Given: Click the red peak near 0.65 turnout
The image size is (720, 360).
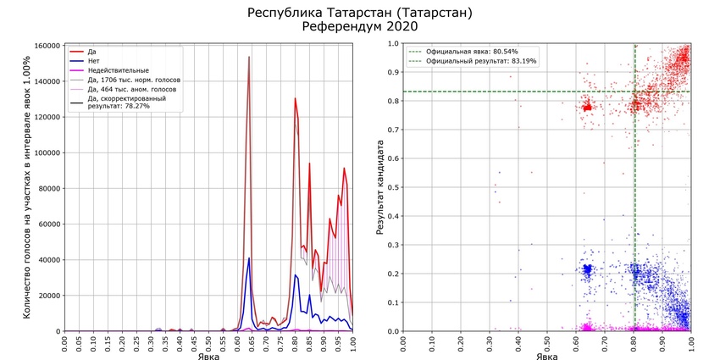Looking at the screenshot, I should coord(249,58).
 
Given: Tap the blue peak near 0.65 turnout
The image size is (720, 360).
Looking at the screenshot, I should coord(249,258).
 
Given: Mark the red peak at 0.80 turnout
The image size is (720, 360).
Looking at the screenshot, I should coord(295,98).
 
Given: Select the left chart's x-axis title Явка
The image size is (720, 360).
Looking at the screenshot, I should coord(209,357).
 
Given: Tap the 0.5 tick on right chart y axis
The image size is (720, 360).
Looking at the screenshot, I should coord(393,188).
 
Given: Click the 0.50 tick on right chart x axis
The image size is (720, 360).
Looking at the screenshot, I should coord(548,344).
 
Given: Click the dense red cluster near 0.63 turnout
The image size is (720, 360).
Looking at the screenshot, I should coord(586,108).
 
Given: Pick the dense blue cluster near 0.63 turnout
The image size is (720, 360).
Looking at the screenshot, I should coord(586,270).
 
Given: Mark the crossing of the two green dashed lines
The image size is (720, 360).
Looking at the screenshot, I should coord(635,91).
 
